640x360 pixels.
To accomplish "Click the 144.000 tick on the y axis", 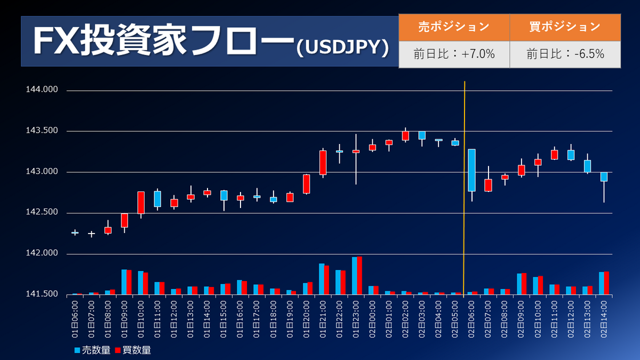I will coord(42,90).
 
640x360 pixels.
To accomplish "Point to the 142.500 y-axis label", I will coord(42,213).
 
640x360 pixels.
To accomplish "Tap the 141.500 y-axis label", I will coord(42,294).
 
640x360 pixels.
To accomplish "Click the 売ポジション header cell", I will coord(454,27).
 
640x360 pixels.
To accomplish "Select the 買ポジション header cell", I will coord(565,27).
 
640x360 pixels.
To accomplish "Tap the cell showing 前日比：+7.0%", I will coord(454,54).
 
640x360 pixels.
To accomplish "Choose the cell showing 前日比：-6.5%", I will coord(565,54).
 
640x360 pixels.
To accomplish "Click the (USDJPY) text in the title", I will coord(341,47).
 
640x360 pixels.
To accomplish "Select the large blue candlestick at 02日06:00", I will coord(471,170).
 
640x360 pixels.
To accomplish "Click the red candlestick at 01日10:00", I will coord(141,203).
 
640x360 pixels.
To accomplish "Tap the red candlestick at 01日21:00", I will coord(323,162).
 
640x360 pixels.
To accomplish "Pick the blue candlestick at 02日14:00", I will coord(604,177).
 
